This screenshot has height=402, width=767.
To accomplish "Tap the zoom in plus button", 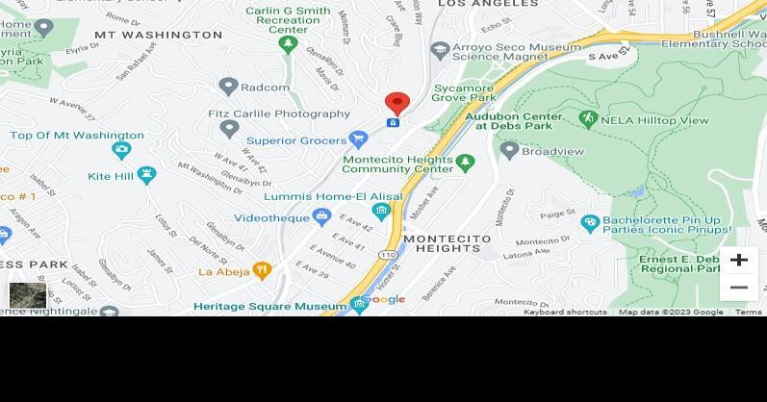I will [x=738, y=260].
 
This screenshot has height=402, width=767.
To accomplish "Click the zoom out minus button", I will [x=738, y=288].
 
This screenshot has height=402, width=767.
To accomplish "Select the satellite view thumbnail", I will [x=28, y=294].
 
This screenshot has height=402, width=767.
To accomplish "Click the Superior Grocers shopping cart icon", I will [x=358, y=139].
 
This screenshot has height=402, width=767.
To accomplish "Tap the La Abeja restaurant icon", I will [x=261, y=271].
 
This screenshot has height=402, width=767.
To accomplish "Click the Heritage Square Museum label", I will [x=269, y=306].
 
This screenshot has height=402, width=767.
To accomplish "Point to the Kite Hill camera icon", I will [x=146, y=175].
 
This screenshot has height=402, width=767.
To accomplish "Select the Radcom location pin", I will [x=228, y=87].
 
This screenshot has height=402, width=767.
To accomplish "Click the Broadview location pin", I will [x=510, y=150].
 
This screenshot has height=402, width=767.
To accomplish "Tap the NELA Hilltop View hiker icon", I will [x=588, y=118].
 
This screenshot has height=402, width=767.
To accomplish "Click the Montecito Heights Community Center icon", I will [x=465, y=163].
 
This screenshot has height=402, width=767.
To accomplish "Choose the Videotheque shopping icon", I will [x=321, y=218].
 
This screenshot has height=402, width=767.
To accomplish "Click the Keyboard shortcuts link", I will [x=565, y=312].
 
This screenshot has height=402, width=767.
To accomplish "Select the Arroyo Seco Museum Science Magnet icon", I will [x=440, y=49].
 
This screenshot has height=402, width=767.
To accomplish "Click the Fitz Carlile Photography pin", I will [x=228, y=127].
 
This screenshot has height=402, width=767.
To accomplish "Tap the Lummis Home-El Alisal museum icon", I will [x=381, y=212].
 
